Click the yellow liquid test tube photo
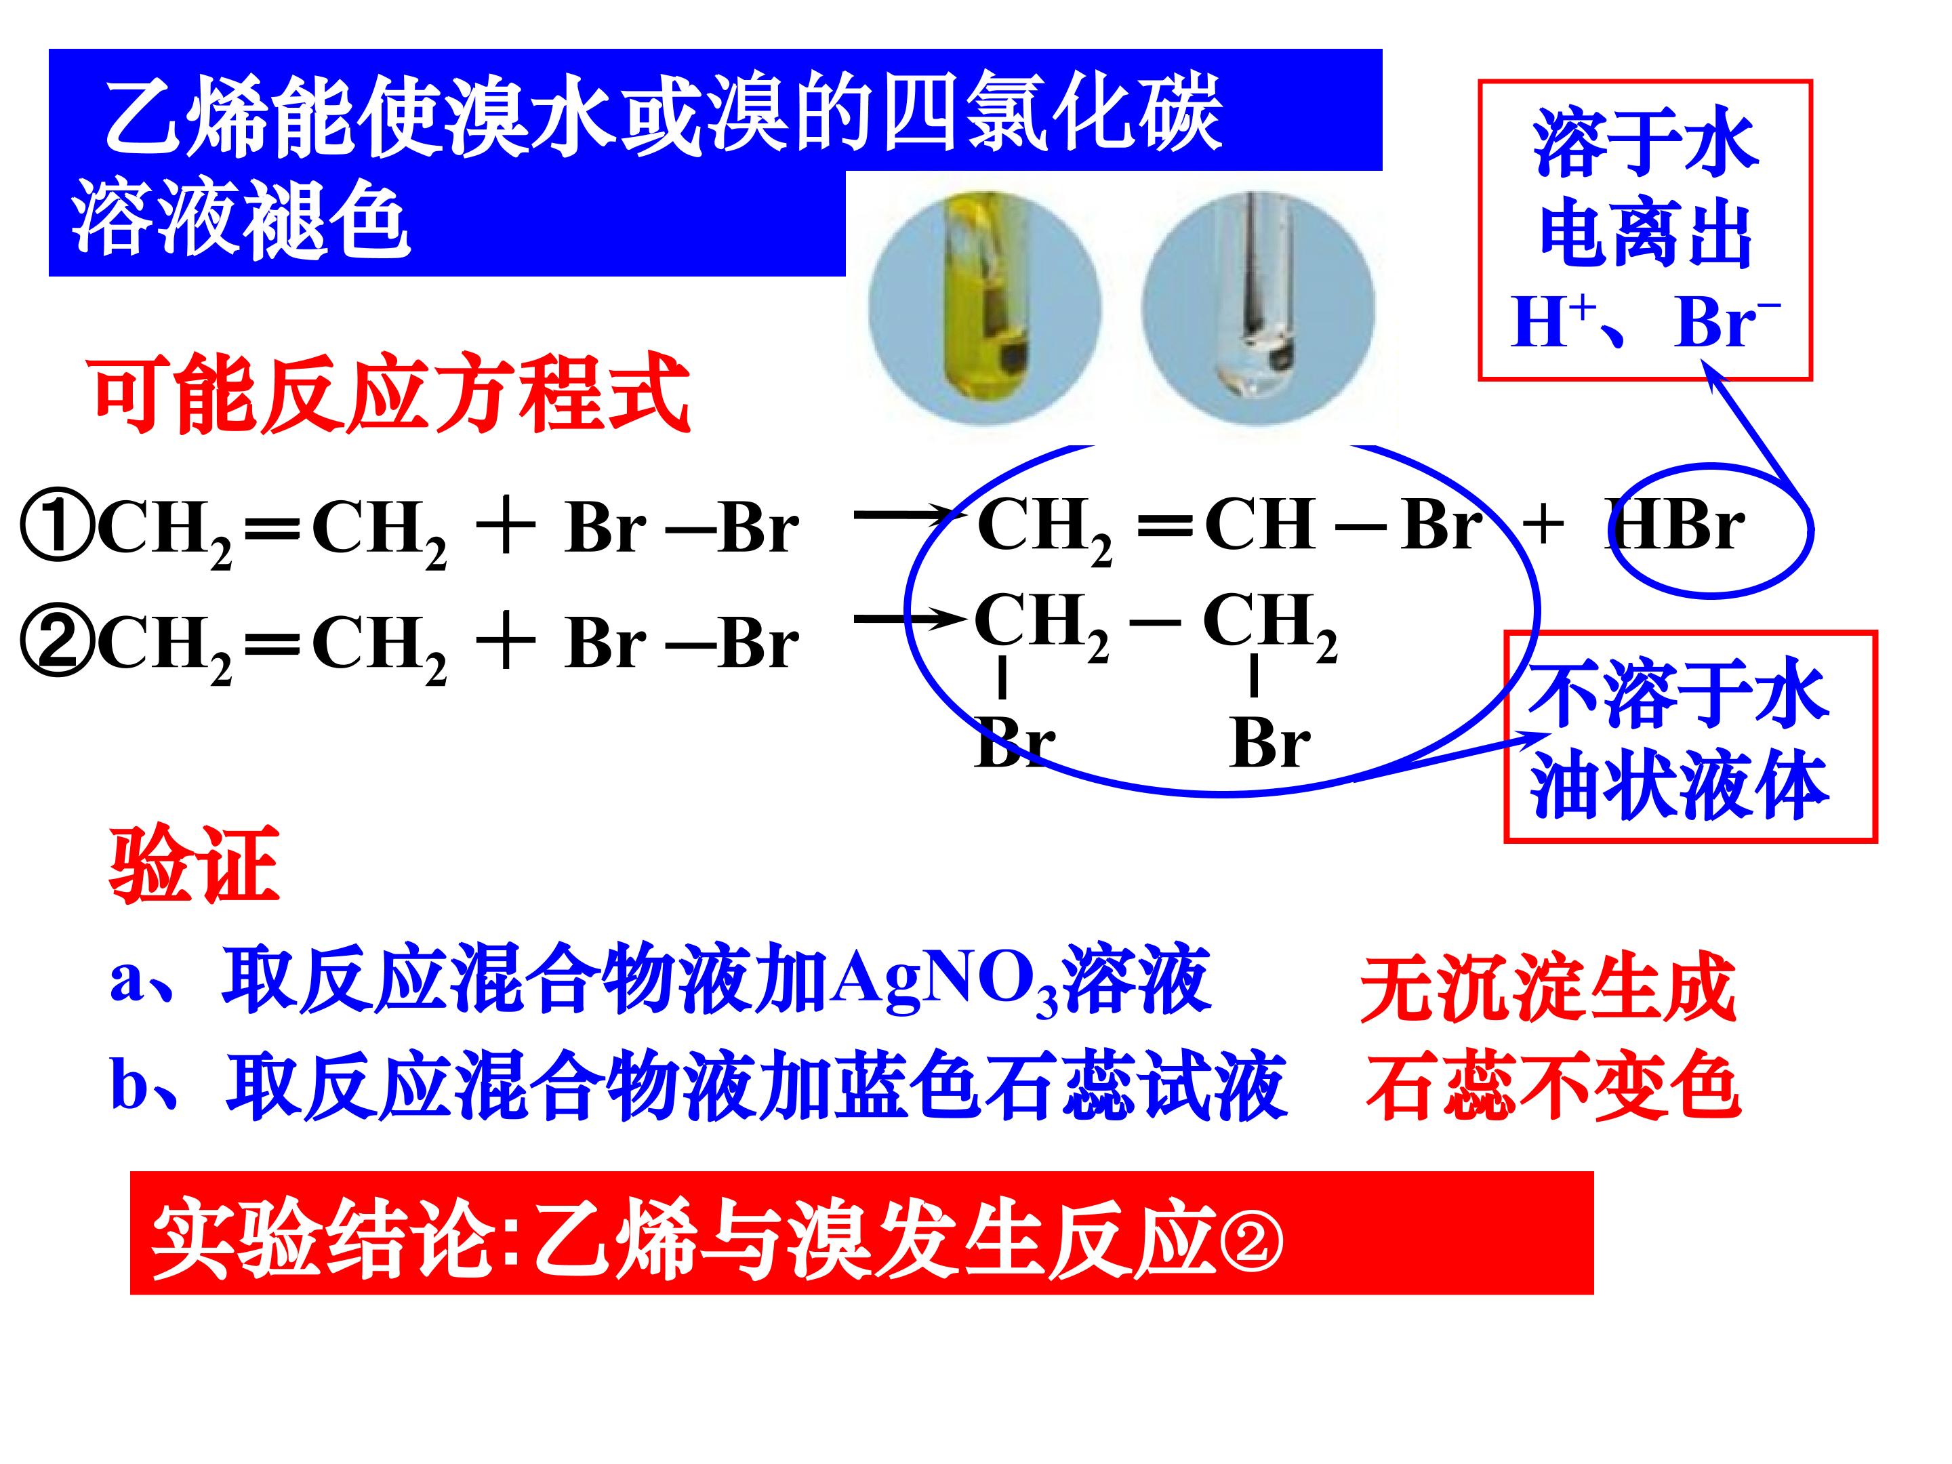985,308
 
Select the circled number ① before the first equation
56,529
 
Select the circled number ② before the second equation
56,643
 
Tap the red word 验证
194,864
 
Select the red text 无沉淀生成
1548,988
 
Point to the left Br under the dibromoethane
1015,741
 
